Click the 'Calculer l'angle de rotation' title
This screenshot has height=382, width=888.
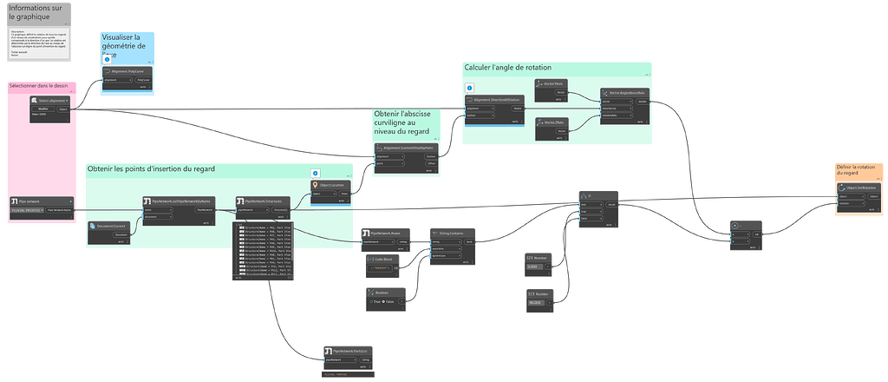pos(507,67)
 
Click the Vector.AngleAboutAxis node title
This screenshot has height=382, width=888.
pos(626,91)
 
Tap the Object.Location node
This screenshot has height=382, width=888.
pos(330,185)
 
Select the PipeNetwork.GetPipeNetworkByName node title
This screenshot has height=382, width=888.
pos(180,201)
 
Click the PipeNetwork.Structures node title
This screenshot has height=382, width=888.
pos(265,201)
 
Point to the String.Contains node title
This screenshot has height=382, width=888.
pos(451,233)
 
